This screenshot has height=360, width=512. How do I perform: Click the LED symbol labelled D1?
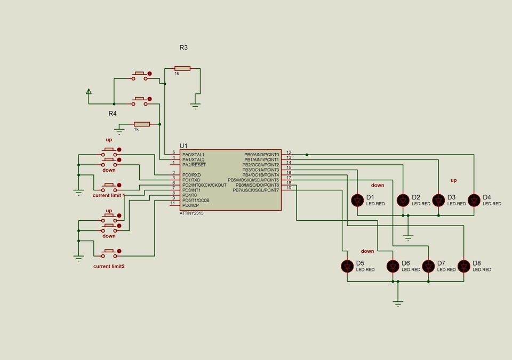point(357,200)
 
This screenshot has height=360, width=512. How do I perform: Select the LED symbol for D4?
point(474,200)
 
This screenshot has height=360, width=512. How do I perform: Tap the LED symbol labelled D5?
point(347,266)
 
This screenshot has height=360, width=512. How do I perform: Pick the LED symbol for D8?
point(463,266)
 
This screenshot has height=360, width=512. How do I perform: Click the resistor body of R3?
point(182,68)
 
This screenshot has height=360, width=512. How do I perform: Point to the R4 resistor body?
point(142,124)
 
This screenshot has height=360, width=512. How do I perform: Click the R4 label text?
point(113,114)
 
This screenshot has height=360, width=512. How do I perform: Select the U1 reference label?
point(183,146)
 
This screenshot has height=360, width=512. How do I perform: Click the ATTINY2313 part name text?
point(191,213)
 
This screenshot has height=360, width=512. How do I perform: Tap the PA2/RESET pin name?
point(194,165)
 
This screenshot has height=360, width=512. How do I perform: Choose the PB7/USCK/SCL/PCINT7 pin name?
point(256,190)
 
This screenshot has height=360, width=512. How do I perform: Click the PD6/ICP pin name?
point(191,205)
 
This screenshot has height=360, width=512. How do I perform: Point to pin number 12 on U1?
point(289,152)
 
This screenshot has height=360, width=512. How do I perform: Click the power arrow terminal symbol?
point(89,92)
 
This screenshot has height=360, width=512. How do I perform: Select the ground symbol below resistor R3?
point(195,106)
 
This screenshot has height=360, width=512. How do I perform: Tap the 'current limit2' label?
point(109,266)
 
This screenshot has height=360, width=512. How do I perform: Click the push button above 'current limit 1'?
point(109,188)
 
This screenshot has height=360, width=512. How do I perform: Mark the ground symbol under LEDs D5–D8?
point(398,304)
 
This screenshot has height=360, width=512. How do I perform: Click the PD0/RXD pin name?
point(191,175)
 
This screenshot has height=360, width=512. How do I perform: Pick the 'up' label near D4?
point(453,180)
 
